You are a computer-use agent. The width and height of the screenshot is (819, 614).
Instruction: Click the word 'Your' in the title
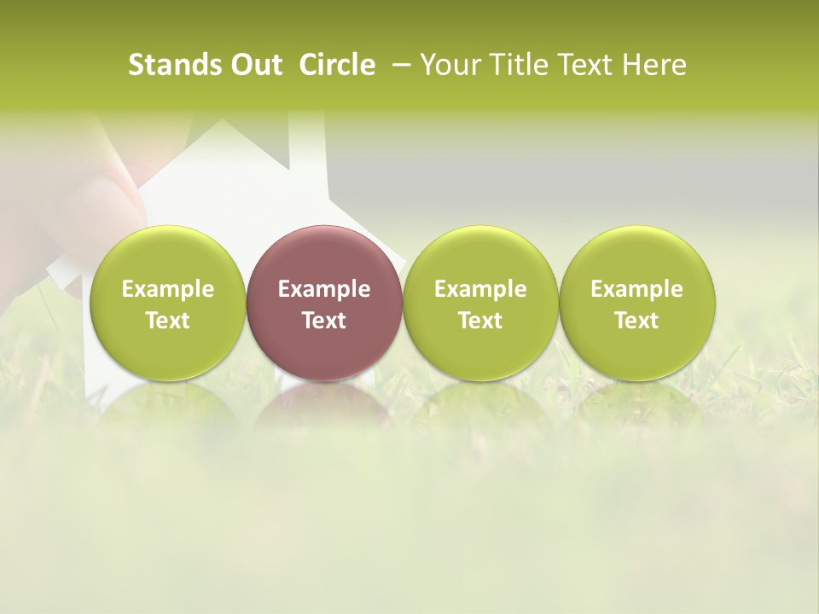pos(447,65)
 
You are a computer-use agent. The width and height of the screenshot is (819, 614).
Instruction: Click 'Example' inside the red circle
pos(324,289)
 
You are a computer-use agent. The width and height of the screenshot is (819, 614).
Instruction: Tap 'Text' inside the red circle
pos(324,321)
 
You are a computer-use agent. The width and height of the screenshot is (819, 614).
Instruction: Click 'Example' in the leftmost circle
pos(168,289)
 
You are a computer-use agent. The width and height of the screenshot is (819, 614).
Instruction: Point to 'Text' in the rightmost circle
pos(636,321)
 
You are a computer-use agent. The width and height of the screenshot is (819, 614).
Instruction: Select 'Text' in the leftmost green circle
pos(168,321)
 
